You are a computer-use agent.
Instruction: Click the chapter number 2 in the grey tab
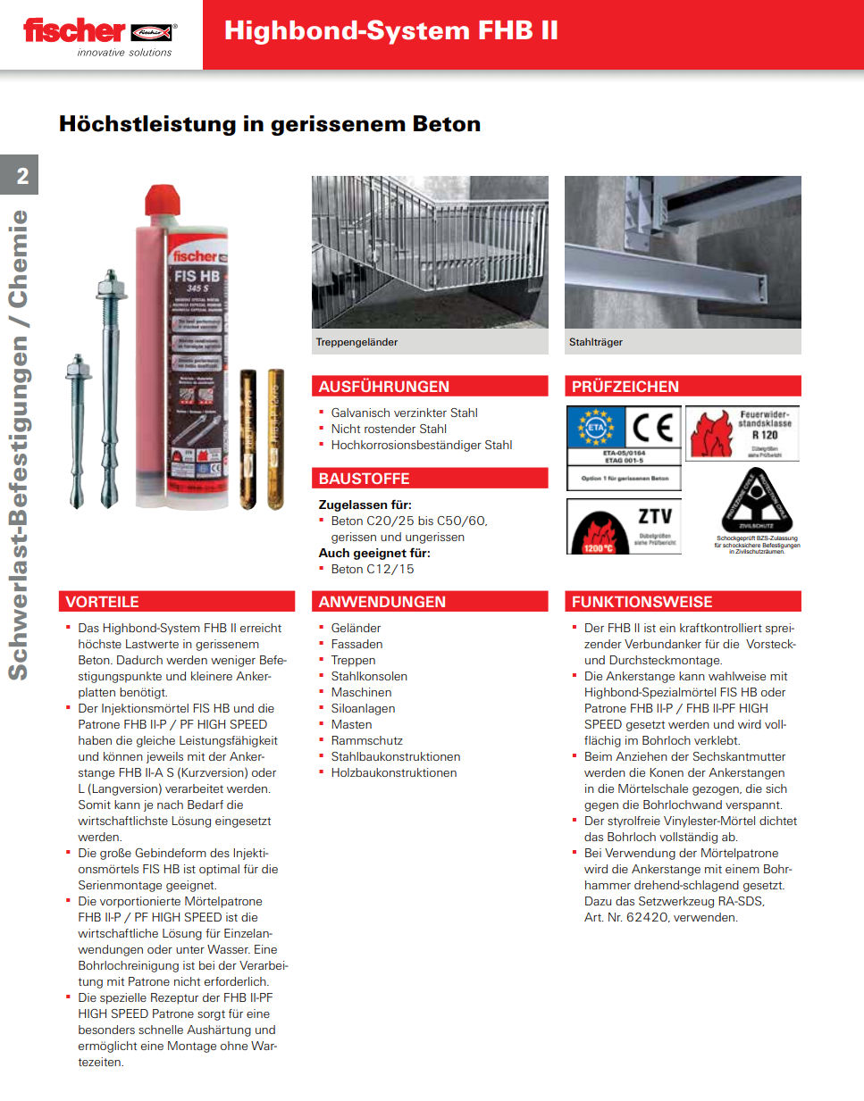pyautogui.click(x=22, y=176)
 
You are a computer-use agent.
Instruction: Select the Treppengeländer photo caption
pyautogui.click(x=357, y=342)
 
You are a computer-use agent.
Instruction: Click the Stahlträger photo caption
pyautogui.click(x=596, y=342)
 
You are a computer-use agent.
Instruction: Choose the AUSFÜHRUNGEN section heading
pyautogui.click(x=384, y=387)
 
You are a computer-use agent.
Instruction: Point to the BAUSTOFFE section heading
pyautogui.click(x=364, y=479)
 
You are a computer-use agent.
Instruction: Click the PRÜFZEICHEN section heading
pyautogui.click(x=625, y=387)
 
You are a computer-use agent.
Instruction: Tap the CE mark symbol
pyautogui.click(x=652, y=428)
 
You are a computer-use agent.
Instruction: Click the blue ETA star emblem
pyautogui.click(x=595, y=428)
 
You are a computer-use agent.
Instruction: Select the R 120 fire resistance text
pyautogui.click(x=764, y=435)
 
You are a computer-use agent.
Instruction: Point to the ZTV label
pyautogui.click(x=655, y=516)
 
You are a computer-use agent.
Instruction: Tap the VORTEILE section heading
pyautogui.click(x=102, y=602)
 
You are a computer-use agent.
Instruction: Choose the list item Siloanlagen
pyautogui.click(x=363, y=708)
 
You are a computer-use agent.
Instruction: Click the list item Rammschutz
pyautogui.click(x=366, y=740)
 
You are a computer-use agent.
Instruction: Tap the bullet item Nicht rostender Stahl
pyautogui.click(x=389, y=429)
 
